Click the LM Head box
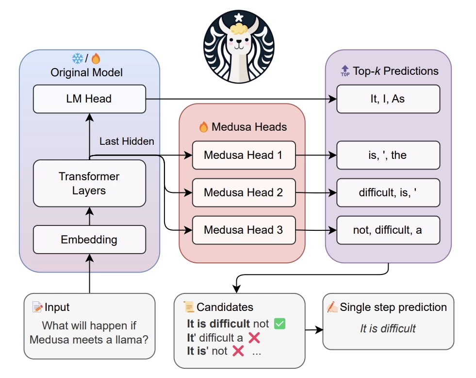pos(89,99)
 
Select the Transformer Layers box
pos(89,183)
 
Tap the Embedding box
pos(89,240)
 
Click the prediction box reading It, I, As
pos(388,99)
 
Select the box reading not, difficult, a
pos(388,230)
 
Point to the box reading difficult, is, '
pos(388,193)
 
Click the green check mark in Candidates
pos(279,324)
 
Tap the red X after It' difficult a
pos(254,338)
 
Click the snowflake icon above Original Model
pos(78,59)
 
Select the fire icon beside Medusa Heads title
pos(204,127)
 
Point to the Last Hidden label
pos(127,141)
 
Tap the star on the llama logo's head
pos(238,17)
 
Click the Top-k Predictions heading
pos(389,71)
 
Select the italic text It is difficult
pos(388,329)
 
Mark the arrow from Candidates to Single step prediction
pos(314,329)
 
